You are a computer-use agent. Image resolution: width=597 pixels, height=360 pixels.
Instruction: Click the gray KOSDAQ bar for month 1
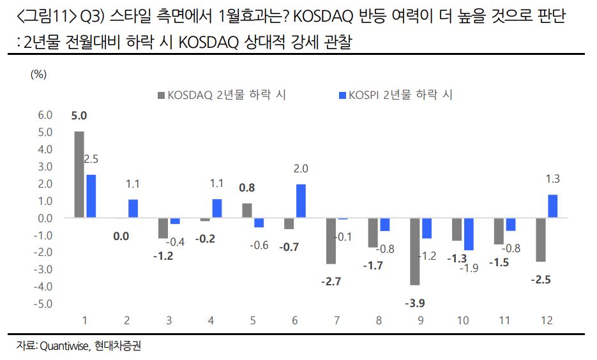coord(79,174)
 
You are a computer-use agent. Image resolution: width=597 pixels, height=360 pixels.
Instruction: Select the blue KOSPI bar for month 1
coord(91,196)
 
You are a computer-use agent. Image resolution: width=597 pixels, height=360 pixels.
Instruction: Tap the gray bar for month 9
coord(415,251)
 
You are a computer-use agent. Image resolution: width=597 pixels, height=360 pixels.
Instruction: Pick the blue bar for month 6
coord(301,200)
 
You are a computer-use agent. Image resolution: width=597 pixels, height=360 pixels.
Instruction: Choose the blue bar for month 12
coord(553,206)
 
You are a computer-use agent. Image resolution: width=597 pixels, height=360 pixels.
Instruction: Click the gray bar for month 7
coord(331,241)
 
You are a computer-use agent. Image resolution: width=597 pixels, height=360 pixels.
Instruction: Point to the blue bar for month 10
coord(469,234)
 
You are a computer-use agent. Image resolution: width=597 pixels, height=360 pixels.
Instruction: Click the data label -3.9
coord(415,302)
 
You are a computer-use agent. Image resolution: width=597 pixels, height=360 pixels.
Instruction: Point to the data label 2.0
coord(301,169)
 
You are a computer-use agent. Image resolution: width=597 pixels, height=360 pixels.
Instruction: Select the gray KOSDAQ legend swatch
coord(161,96)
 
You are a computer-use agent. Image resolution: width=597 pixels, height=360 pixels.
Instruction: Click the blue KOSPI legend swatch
coord(342,96)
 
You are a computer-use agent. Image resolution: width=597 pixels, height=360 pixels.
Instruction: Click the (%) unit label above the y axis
coord(39,73)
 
